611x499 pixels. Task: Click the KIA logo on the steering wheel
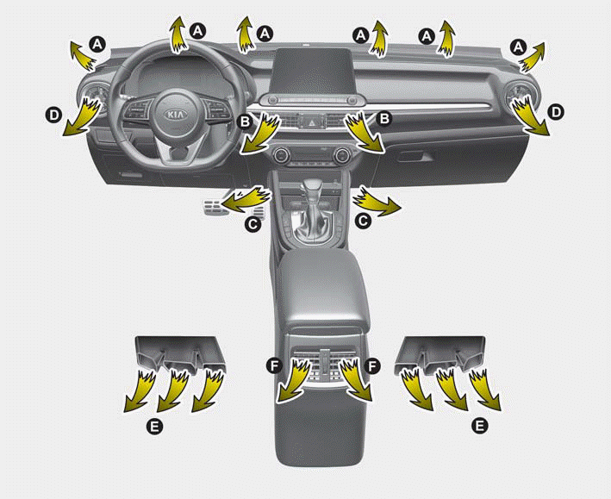pos(176,115)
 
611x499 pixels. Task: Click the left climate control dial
pos(280,156)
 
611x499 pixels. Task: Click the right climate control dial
pos(342,156)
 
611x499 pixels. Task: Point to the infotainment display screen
pos(312,70)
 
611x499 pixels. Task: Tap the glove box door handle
pos(415,156)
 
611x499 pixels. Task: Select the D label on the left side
pos(53,115)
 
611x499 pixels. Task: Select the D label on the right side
pos(556,113)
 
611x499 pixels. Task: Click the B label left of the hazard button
pos(245,122)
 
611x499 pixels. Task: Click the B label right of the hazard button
pos(384,118)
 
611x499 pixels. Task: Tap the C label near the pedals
pos(253,224)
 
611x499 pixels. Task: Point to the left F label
pos(274,365)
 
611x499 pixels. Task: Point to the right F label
pos(372,365)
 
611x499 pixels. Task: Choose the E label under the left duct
pos(154,427)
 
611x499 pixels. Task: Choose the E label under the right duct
pos(479,426)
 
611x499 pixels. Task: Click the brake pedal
pos(212,207)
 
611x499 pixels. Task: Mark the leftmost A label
pos(97,44)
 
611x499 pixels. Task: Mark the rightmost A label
pos(518,47)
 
